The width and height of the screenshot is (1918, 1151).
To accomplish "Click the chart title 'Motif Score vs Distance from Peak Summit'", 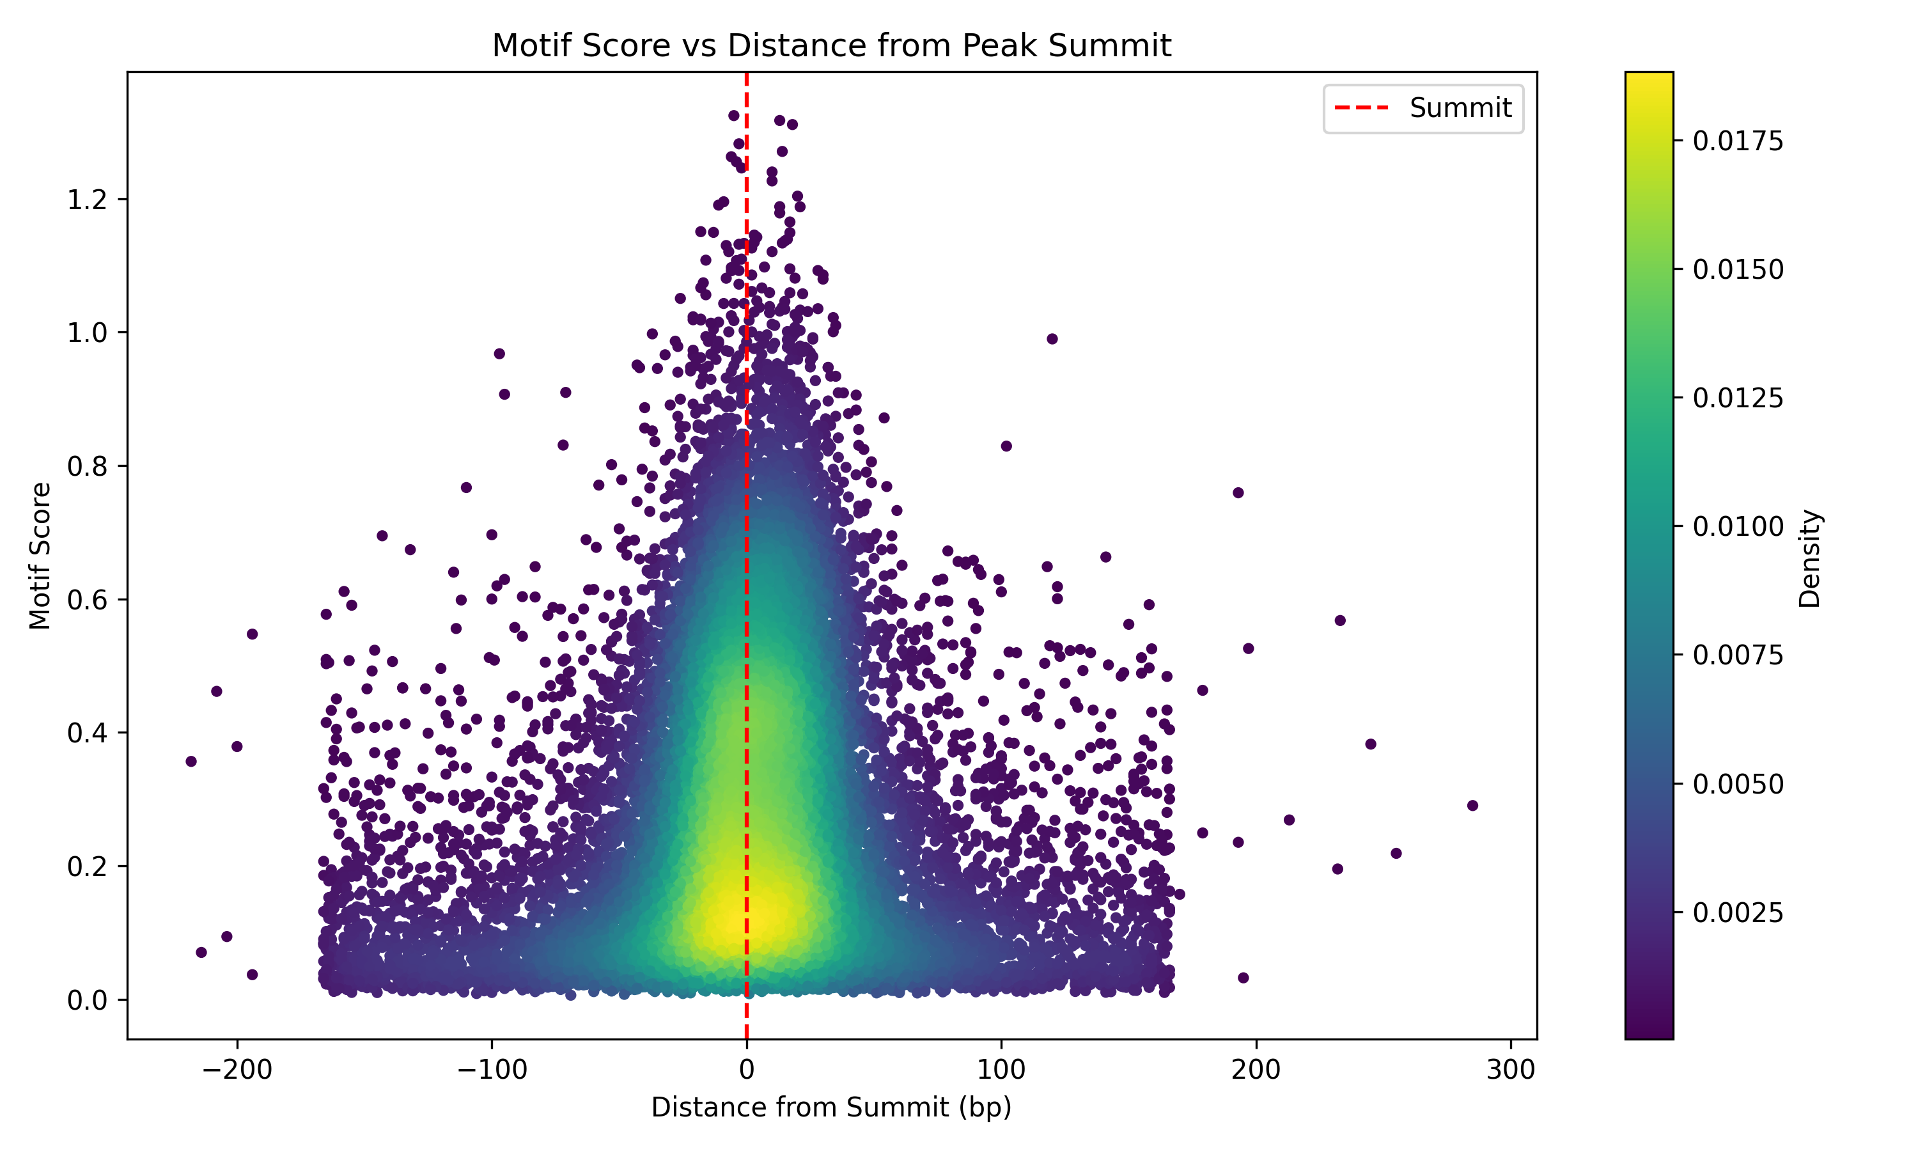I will pyautogui.click(x=831, y=46).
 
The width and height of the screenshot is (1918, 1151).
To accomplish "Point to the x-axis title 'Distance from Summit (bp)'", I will pyautogui.click(x=831, y=1107).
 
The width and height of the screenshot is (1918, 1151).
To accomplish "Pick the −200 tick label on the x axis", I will pyautogui.click(x=237, y=1070).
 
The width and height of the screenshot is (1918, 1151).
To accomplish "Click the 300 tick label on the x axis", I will pyautogui.click(x=1511, y=1070).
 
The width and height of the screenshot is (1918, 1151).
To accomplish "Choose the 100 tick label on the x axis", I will pyautogui.click(x=1001, y=1070).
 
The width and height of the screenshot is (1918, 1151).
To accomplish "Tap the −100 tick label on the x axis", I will pyautogui.click(x=492, y=1070).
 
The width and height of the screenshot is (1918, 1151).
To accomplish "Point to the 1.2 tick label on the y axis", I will pyautogui.click(x=87, y=200).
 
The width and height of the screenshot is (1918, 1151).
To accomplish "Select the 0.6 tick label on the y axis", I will pyautogui.click(x=87, y=600).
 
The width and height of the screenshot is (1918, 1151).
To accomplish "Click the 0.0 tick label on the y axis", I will pyautogui.click(x=87, y=1001).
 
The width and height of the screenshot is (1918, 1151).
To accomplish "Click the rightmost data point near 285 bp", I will pyautogui.click(x=1472, y=805).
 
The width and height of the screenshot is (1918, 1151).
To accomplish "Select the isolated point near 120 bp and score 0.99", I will pyautogui.click(x=1052, y=339).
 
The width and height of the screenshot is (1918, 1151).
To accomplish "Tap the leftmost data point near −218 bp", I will pyautogui.click(x=191, y=761).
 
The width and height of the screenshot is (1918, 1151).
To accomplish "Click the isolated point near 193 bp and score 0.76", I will pyautogui.click(x=1238, y=492).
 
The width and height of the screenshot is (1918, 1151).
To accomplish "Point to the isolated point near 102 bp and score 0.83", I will pyautogui.click(x=1006, y=446).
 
